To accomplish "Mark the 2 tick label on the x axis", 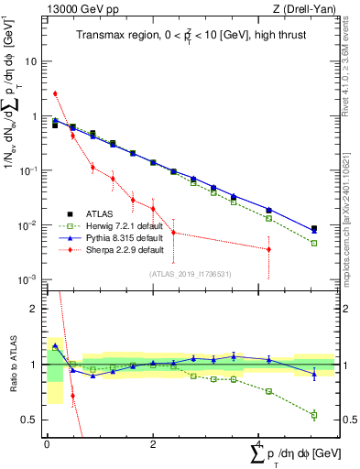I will tap(152, 443).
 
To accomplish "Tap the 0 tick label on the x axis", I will tap(47, 443).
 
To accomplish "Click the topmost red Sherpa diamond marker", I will tap(55, 93).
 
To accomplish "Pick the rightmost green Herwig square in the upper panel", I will tap(314, 243).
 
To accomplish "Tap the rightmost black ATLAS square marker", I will tap(314, 229).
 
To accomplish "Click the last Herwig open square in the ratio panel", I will tap(314, 415).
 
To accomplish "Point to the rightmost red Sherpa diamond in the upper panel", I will tap(268, 249).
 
